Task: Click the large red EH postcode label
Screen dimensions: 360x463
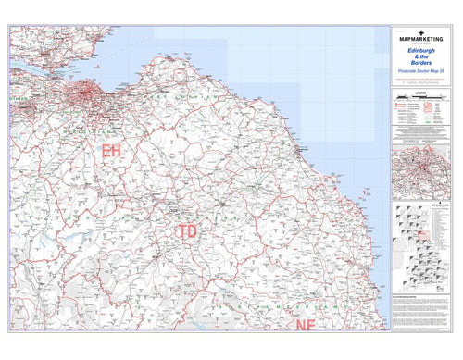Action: point(111,150)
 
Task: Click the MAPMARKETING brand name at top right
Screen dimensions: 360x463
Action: point(421,40)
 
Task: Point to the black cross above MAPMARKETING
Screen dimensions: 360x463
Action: point(421,32)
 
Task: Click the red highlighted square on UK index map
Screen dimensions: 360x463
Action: point(429,244)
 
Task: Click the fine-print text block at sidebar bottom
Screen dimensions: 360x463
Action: point(421,310)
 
